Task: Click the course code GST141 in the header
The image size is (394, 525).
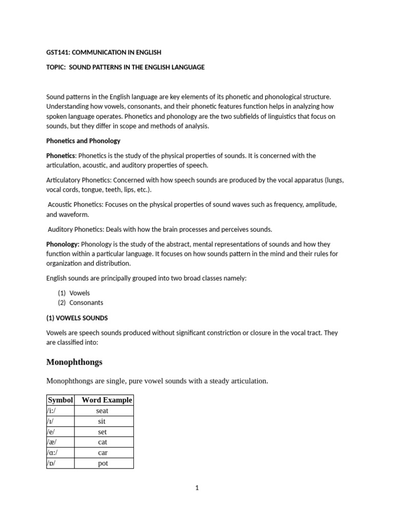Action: (58, 52)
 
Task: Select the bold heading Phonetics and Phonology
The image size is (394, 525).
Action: (83, 140)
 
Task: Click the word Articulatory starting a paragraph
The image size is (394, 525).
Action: (64, 180)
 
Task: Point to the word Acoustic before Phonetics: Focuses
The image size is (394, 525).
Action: (62, 205)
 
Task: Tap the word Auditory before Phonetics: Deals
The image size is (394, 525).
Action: (62, 229)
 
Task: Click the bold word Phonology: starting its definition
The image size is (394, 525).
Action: (63, 244)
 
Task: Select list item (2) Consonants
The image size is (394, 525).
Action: (80, 302)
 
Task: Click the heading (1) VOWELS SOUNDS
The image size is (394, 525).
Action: (77, 318)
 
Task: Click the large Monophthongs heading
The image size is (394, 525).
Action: (74, 362)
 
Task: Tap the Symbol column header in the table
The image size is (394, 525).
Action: (61, 400)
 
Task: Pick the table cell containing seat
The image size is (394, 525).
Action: (102, 411)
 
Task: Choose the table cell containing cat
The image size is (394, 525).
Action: (102, 442)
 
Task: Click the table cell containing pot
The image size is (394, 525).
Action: (102, 463)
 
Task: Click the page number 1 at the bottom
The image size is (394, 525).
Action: (196, 488)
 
